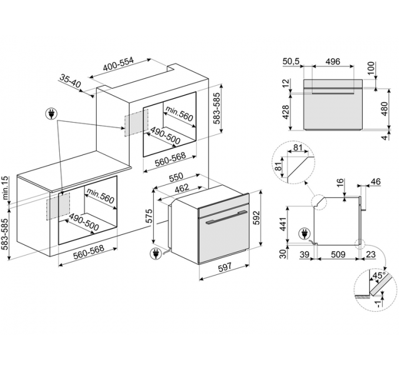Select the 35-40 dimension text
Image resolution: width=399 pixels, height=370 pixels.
[x=70, y=81]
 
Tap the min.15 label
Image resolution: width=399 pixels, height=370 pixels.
[x=5, y=187]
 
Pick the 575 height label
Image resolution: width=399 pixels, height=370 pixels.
[x=149, y=216]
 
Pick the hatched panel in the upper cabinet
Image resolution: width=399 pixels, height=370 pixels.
[x=133, y=122]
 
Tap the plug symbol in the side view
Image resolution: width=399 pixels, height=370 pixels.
[x=304, y=233]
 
